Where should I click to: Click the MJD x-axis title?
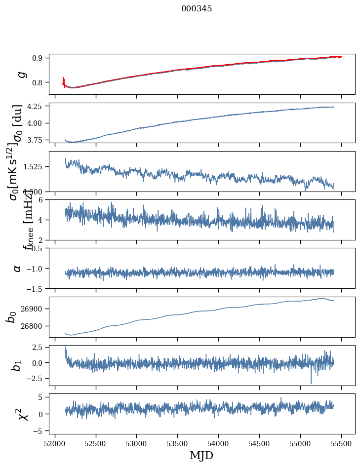tap(201, 455)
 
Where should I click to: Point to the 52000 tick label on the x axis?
tap(55, 443)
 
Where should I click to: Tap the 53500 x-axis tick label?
tap(177, 443)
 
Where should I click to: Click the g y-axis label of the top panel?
tap(20, 74)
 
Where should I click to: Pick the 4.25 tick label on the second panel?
tap(37, 106)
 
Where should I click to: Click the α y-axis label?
tap(18, 268)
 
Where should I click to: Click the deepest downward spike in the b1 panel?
tap(311, 383)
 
